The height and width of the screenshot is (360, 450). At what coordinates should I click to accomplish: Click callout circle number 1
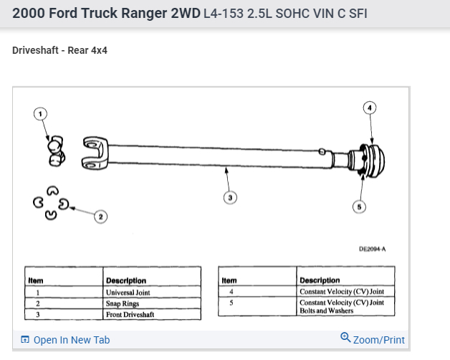[x=41, y=113]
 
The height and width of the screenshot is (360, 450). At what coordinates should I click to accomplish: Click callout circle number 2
[x=101, y=216]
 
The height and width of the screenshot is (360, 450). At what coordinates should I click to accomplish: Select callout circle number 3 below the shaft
[x=229, y=196]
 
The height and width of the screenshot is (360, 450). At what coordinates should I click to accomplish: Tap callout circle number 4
[x=370, y=108]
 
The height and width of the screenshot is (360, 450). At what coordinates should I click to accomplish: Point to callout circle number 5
[x=360, y=207]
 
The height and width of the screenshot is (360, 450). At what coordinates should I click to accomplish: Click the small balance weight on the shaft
[x=323, y=151]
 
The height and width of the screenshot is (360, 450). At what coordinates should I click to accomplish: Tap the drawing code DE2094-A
[x=372, y=249]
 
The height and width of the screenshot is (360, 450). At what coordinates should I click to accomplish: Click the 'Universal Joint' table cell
[x=129, y=293]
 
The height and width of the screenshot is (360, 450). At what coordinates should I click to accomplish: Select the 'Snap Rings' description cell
[x=123, y=303]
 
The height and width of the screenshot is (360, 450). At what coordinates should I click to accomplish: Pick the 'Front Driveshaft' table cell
[x=130, y=314]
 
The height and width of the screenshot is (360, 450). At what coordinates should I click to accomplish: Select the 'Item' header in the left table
[x=36, y=280]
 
